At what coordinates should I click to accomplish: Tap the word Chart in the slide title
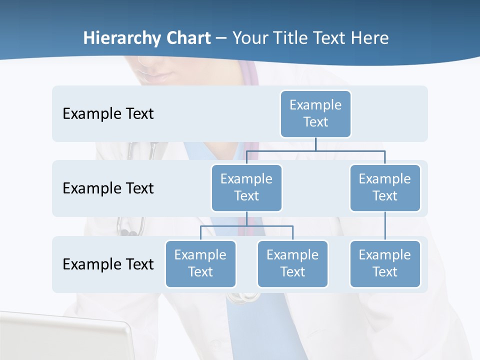click(x=188, y=38)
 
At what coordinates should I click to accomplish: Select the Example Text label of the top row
click(x=108, y=113)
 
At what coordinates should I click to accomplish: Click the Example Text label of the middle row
click(x=108, y=188)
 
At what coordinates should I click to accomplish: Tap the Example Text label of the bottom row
click(x=108, y=264)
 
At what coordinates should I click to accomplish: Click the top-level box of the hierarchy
click(x=315, y=113)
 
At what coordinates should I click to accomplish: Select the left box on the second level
click(x=246, y=187)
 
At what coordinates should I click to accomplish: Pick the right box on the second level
click(x=384, y=187)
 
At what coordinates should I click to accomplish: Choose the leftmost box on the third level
click(x=200, y=263)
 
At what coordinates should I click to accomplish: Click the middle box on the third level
click(x=292, y=263)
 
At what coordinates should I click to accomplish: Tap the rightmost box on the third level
click(x=384, y=263)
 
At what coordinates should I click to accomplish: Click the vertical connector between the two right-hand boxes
click(x=385, y=226)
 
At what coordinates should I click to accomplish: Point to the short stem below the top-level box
click(x=315, y=144)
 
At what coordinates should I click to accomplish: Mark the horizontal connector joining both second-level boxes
click(x=315, y=150)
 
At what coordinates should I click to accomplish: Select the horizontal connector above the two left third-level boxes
click(x=246, y=226)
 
